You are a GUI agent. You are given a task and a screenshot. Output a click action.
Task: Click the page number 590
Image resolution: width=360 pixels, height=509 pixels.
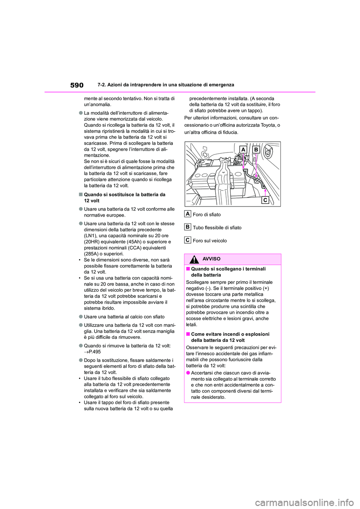click(76, 85)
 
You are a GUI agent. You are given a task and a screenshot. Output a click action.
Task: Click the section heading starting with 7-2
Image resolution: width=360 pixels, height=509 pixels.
click(165, 85)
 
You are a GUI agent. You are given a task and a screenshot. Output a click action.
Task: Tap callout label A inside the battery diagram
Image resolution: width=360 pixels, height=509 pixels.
click(243, 150)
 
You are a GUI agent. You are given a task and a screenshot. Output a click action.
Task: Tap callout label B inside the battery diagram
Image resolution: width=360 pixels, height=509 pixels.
click(256, 150)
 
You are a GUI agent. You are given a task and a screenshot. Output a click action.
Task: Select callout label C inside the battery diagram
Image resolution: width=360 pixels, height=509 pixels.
click(265, 200)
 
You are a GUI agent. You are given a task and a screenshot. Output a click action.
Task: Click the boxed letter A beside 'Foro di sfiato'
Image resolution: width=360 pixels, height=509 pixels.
click(187, 214)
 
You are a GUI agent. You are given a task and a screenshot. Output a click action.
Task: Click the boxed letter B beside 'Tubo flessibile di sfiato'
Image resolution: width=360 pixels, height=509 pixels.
click(187, 227)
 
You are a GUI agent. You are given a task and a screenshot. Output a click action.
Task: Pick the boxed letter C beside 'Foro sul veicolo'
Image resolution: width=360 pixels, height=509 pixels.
click(187, 240)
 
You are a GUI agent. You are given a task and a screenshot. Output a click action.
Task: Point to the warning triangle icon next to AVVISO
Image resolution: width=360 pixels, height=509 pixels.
click(194, 259)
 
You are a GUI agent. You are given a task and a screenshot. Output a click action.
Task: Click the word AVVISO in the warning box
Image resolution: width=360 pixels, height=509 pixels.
click(211, 259)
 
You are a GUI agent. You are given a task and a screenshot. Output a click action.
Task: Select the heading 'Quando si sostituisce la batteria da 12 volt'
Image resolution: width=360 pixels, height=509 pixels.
click(124, 198)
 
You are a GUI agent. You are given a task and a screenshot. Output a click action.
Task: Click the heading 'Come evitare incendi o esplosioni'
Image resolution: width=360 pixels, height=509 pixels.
click(230, 334)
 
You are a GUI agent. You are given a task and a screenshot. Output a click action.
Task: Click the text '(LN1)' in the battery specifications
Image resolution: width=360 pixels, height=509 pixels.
click(90, 236)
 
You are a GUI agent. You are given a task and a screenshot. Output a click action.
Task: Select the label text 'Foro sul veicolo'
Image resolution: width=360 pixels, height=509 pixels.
click(210, 241)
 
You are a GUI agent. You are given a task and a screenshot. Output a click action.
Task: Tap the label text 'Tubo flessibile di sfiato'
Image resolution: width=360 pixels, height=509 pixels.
click(217, 228)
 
